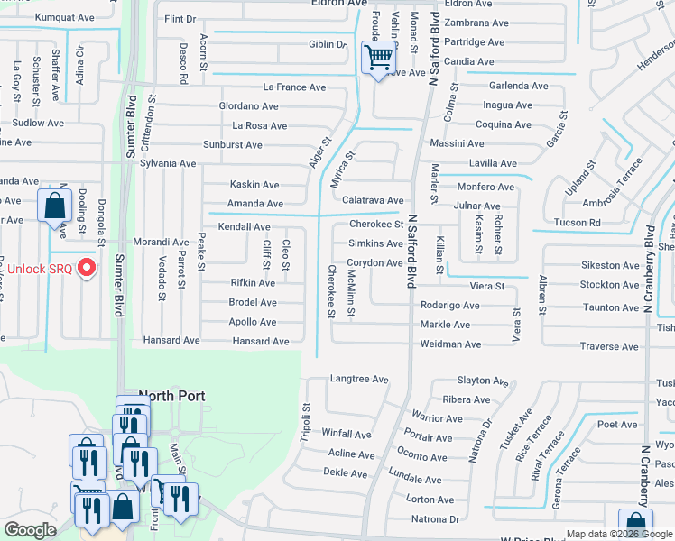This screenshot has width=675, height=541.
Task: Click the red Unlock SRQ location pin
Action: coord(87,267)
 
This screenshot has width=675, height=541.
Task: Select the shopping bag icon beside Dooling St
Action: coord(55,206)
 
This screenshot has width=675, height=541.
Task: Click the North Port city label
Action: coord(171,396)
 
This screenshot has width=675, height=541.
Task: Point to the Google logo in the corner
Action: coord(30,530)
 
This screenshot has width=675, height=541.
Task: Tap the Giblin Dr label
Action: coord(327,44)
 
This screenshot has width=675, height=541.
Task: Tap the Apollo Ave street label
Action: coord(253,322)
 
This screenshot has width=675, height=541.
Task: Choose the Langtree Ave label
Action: coord(359,380)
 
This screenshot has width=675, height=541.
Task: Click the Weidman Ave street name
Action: coord(450,344)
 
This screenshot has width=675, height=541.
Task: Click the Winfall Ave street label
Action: coord(347,434)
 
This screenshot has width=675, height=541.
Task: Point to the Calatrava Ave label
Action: coord(373,200)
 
